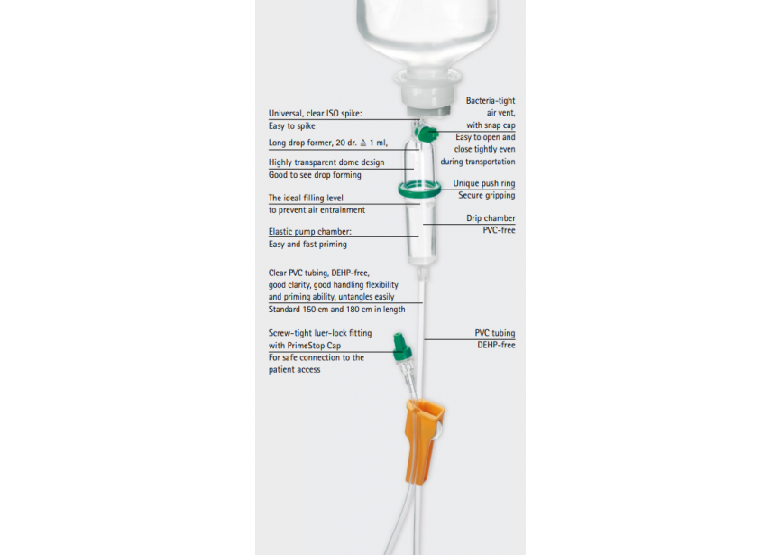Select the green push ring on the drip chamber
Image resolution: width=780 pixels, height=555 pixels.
pos(419,190)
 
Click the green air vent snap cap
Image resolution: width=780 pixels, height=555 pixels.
pos(427,134)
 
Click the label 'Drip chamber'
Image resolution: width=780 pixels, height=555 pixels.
pos(491,218)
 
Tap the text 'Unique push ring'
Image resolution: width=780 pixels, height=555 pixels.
pos(483,183)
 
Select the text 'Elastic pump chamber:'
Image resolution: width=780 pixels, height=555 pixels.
pos(310,231)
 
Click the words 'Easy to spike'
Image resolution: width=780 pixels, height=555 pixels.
pos(291,126)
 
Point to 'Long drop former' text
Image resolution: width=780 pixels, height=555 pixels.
pos(300,143)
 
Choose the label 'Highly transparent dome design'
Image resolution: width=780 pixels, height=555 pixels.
pos(326,162)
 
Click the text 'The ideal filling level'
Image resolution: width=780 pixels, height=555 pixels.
pos(306,198)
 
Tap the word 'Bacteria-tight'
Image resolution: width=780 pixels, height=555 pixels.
pos(491,100)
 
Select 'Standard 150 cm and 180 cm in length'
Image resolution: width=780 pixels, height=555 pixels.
pos(336,310)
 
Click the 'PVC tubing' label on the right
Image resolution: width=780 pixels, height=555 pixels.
pos(494,333)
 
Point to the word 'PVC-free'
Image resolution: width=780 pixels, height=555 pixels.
pos(499,230)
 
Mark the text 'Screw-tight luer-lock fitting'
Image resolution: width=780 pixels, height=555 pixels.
pos(320,333)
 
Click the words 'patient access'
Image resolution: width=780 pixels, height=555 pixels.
pos(295,369)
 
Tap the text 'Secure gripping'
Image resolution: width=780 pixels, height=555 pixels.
pos(487,195)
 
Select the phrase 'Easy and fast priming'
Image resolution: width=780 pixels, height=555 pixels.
pos(307,244)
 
